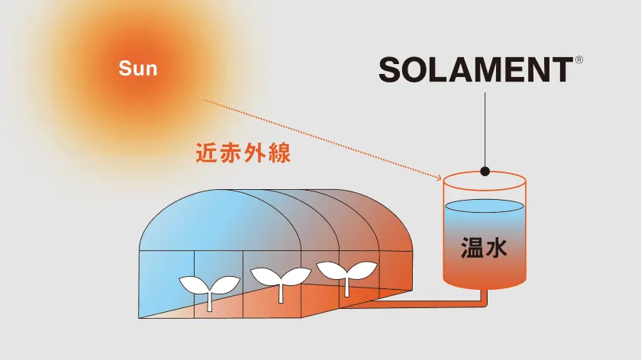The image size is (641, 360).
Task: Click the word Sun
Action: [x=137, y=69]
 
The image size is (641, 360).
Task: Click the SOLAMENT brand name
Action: [x=475, y=69]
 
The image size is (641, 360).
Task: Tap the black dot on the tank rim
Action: [x=485, y=171]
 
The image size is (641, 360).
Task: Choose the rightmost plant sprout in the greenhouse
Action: [x=347, y=273]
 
